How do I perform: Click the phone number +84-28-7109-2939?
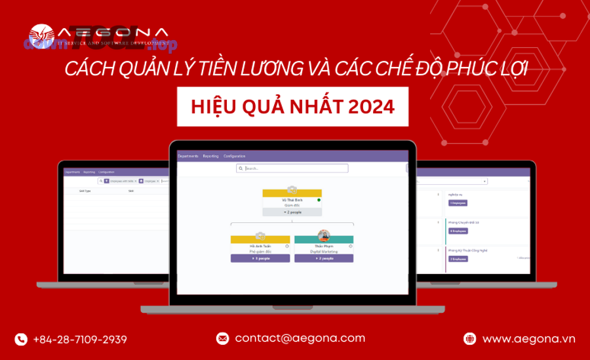pyautogui.click(x=79, y=339)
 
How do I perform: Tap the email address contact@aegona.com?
pyautogui.click(x=300, y=338)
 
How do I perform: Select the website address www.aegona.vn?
pyautogui.click(x=528, y=339)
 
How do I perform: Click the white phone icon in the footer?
pyautogui.click(x=21, y=339)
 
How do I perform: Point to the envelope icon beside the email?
pyautogui.click(x=222, y=338)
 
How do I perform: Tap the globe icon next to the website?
pyautogui.click(x=469, y=339)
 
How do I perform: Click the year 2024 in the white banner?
pyautogui.click(x=372, y=107)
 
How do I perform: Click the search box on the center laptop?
pyautogui.click(x=292, y=169)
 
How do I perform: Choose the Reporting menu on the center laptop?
pyautogui.click(x=210, y=156)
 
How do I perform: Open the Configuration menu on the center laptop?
pyautogui.click(x=234, y=156)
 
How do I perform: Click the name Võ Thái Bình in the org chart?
pyautogui.click(x=292, y=199)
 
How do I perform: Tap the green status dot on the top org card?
pyautogui.click(x=319, y=199)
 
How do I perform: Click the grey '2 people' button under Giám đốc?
pyautogui.click(x=292, y=212)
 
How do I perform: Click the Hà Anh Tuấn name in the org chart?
pyautogui.click(x=260, y=246)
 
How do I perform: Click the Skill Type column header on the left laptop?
pyautogui.click(x=85, y=191)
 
